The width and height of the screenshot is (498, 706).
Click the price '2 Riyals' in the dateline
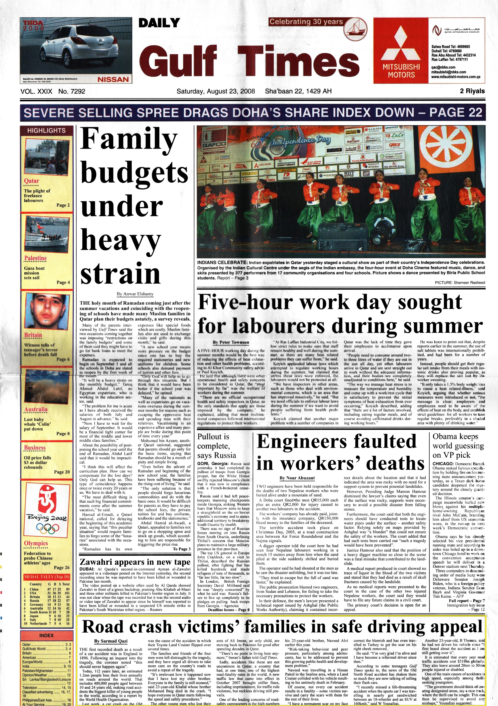[x=472, y=91]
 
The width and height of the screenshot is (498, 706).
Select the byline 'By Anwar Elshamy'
[x=135, y=294]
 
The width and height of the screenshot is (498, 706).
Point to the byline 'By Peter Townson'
[x=231, y=342]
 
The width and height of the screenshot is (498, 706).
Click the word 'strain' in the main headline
[x=121, y=272]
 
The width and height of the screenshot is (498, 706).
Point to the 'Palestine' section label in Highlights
[x=35, y=258]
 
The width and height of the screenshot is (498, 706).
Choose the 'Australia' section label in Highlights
[x=36, y=409]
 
